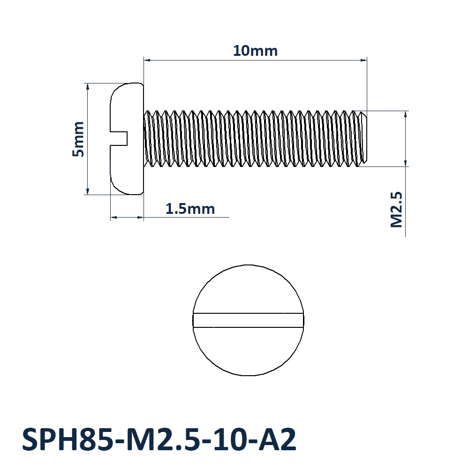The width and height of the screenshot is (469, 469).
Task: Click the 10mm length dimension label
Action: click(x=255, y=51)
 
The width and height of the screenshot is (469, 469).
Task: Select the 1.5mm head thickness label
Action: click(x=190, y=208)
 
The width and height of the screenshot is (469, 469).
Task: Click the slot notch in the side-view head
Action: click(x=120, y=138)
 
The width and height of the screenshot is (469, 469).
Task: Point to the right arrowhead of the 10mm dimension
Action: click(x=363, y=60)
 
